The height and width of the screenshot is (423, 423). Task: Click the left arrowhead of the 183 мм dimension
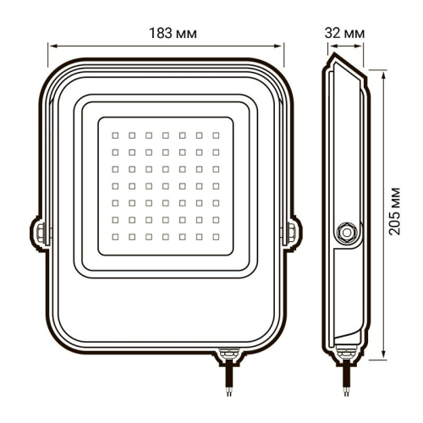click(x=47, y=47)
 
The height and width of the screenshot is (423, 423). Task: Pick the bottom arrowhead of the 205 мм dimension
click(x=385, y=349)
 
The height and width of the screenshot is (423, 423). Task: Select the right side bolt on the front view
click(x=293, y=230)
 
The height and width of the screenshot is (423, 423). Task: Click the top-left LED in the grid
click(x=115, y=135)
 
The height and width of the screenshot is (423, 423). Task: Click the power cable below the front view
click(x=227, y=376)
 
